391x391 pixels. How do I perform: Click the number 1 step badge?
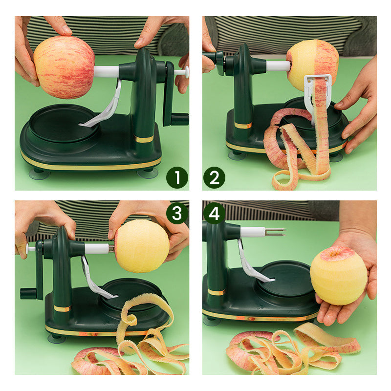coord(177,177)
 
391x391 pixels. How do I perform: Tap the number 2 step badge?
coord(214,177)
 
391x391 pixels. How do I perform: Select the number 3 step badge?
coord(177,214)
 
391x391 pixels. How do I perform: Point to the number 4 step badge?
coord(214,214)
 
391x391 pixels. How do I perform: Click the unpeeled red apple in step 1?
coord(65,67)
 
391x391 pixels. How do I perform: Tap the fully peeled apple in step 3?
coord(142,246)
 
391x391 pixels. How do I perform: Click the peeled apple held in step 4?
coord(338,276)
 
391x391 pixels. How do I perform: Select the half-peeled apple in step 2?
coord(312,65)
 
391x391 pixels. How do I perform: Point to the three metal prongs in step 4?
coord(275,232)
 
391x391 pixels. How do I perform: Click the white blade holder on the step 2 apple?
coord(315,92)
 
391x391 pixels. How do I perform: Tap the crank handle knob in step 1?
coord(179,119)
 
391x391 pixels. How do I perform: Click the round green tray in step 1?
coord(64,124)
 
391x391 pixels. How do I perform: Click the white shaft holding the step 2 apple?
coord(278,66)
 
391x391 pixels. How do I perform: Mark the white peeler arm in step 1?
coord(105,107)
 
